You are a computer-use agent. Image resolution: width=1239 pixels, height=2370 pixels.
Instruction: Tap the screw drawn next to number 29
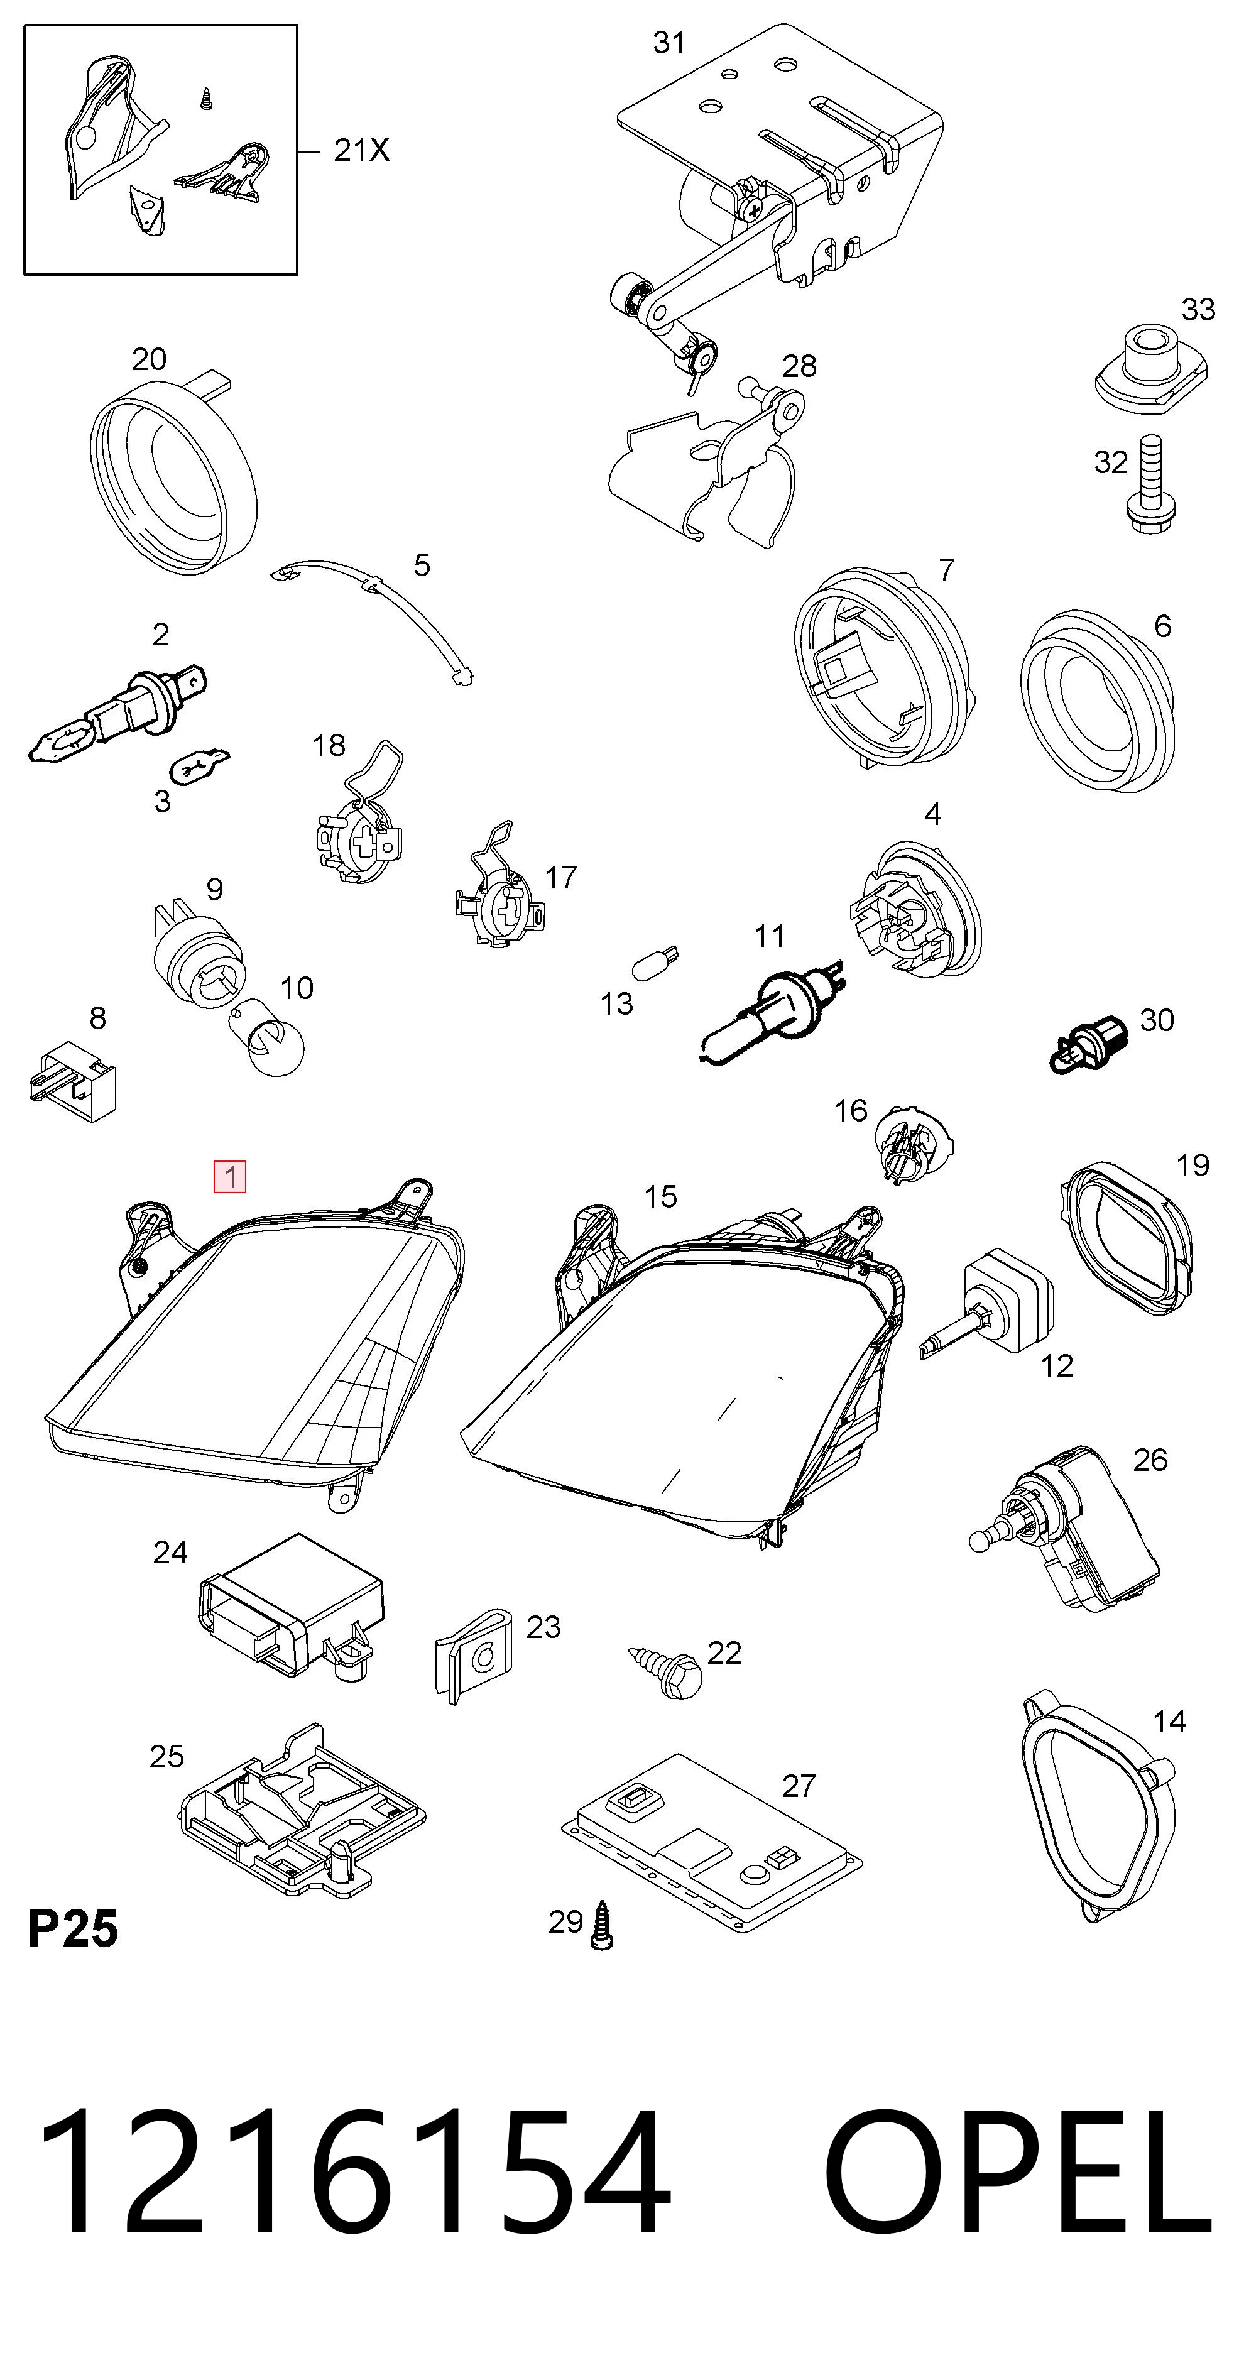[x=603, y=1925]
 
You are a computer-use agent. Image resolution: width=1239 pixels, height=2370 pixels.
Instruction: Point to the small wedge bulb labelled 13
[x=656, y=964]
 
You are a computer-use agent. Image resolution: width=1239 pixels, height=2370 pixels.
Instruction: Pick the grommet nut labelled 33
[x=1150, y=369]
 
